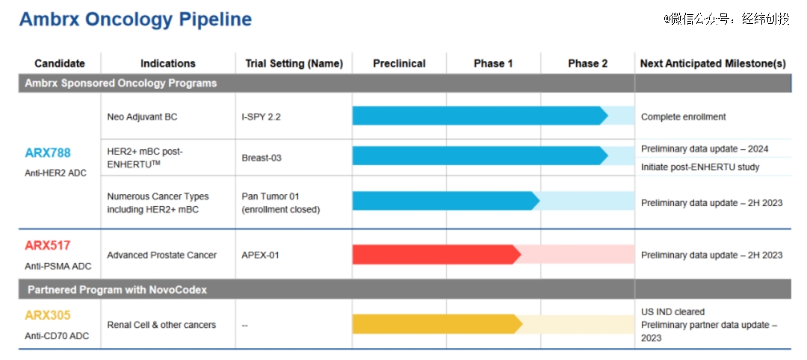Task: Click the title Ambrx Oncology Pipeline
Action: pos(135,19)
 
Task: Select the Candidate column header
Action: pos(60,63)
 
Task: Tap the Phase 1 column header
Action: pos(493,63)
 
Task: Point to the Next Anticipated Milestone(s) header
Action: pos(713,63)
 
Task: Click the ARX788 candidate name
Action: pos(48,153)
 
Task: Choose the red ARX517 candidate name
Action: pos(47,245)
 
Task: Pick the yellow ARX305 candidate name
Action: pos(47,315)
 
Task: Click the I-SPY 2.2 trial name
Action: pos(261,117)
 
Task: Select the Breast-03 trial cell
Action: pos(262,158)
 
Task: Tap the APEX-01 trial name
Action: pos(261,255)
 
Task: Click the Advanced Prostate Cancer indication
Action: pos(161,255)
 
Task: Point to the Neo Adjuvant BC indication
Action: pos(142,117)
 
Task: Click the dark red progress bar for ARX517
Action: pos(437,255)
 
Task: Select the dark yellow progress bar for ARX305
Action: pos(437,324)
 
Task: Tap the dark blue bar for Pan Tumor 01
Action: pos(446,200)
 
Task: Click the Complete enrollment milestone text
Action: pos(684,117)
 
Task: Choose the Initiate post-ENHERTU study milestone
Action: pos(700,167)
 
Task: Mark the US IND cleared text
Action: pos(672,311)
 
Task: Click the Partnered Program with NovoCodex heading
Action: pos(117,290)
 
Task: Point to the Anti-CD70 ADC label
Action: pos(57,336)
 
